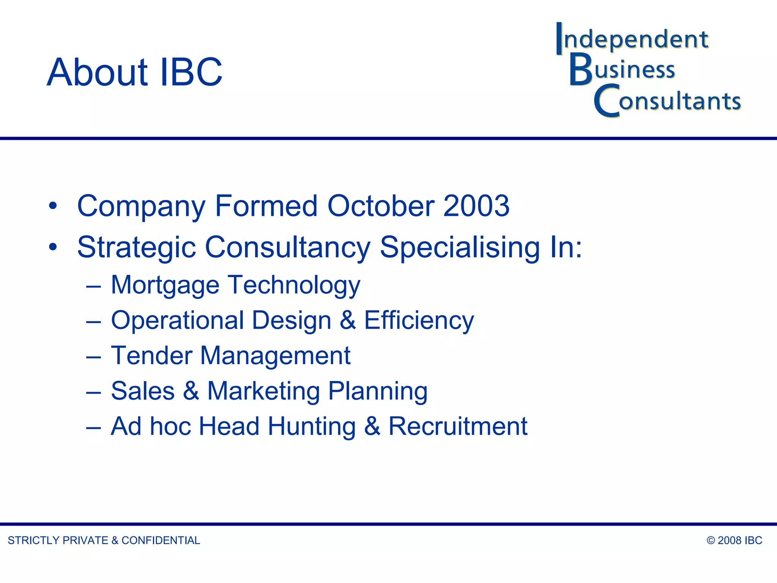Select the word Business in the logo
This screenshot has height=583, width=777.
point(623,69)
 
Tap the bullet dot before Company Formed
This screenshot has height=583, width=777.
point(53,206)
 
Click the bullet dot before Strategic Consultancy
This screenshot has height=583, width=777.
point(53,247)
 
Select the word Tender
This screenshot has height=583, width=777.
point(151,356)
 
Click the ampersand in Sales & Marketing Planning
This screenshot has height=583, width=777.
point(191,391)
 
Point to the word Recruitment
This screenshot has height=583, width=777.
point(458,426)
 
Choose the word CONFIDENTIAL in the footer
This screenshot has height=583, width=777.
point(160,540)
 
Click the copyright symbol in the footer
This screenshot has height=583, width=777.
point(711,540)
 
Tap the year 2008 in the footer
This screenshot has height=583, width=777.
point(729,540)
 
